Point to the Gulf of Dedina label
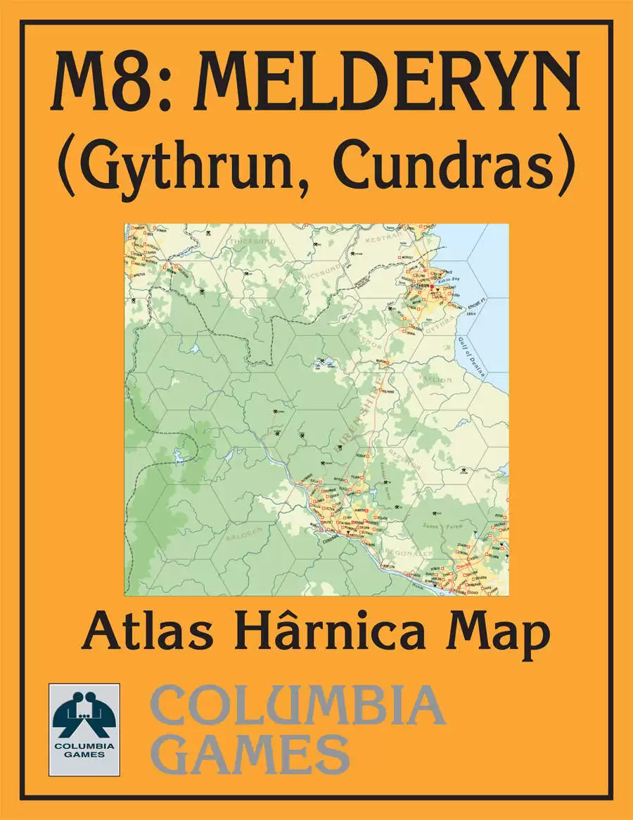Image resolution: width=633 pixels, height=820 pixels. tap(475, 355)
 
